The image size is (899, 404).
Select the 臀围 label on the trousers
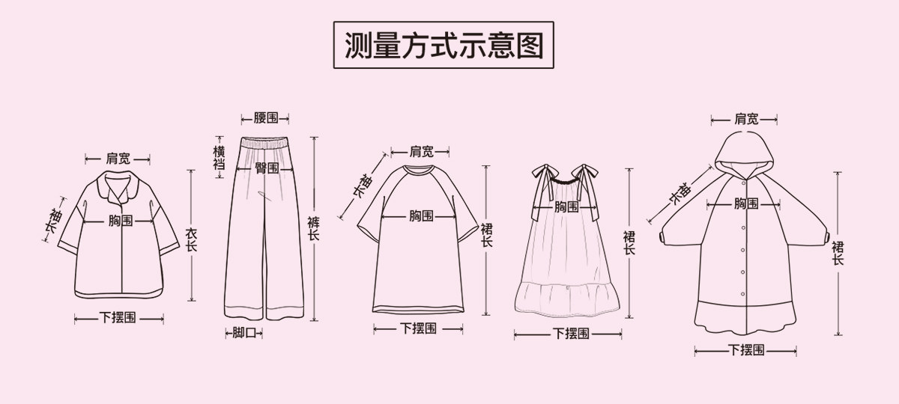click(266, 168)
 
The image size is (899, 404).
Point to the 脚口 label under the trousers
click(243, 332)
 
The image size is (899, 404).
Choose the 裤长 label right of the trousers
click(313, 228)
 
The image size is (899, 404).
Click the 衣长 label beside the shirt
click(191, 239)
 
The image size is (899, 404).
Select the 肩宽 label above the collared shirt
click(118, 159)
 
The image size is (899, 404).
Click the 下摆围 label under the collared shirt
click(118, 318)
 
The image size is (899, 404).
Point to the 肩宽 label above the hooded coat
click(745, 119)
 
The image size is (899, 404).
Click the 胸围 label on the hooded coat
click(745, 203)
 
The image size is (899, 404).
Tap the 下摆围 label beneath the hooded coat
click(746, 349)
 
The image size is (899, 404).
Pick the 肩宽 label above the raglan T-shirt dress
click(422, 151)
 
